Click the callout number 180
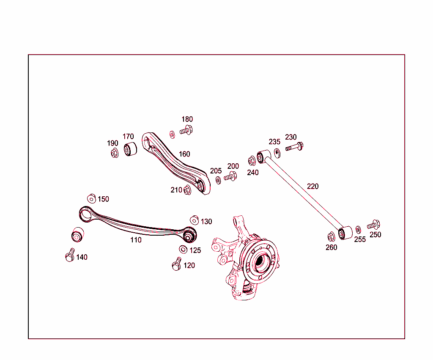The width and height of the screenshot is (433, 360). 187,119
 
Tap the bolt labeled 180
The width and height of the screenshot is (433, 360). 186,131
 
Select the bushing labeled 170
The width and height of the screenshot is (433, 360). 130,149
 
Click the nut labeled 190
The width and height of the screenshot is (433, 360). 115,153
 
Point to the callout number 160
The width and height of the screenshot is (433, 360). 184,154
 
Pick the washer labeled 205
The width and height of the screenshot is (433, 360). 218,181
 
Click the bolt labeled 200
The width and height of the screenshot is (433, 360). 230,176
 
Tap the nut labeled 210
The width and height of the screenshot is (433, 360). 187,191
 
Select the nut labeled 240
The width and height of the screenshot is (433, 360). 252,161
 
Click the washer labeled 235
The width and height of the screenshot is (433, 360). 277,153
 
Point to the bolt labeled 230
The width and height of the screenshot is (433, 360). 295,147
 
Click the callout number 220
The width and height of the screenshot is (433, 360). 313,186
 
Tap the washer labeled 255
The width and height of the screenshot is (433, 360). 358,229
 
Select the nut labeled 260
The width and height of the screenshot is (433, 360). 331,236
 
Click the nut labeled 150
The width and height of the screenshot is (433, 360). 91,198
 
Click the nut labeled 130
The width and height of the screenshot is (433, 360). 194,220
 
